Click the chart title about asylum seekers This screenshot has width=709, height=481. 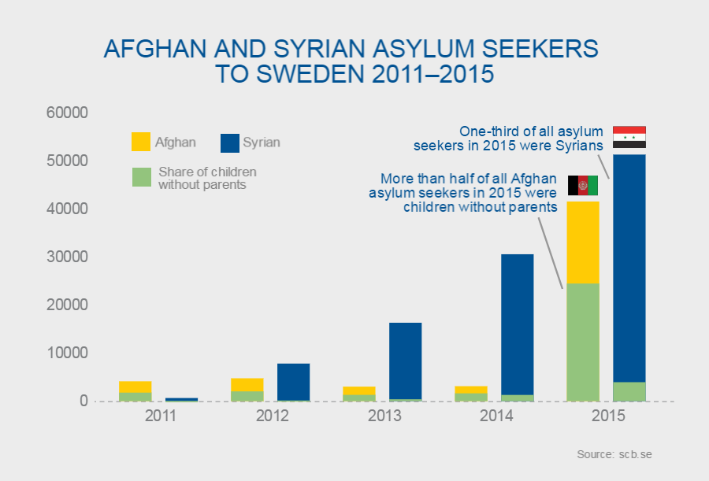[351, 61]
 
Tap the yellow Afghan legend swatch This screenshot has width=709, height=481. [140, 142]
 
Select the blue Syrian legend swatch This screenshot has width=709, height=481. [229, 142]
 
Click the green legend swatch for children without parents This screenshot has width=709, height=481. [140, 177]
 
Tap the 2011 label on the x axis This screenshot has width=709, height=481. [160, 415]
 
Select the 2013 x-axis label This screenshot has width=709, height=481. [384, 415]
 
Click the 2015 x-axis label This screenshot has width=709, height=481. [607, 415]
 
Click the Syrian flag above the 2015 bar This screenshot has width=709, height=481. [629, 137]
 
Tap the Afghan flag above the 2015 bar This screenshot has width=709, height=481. [583, 186]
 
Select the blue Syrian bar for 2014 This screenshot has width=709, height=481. [517, 323]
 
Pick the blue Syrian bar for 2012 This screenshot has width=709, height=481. [293, 381]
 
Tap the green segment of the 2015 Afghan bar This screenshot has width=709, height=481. [583, 342]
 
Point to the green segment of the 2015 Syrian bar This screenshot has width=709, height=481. [629, 391]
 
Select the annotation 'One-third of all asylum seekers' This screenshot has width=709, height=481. [509, 138]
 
